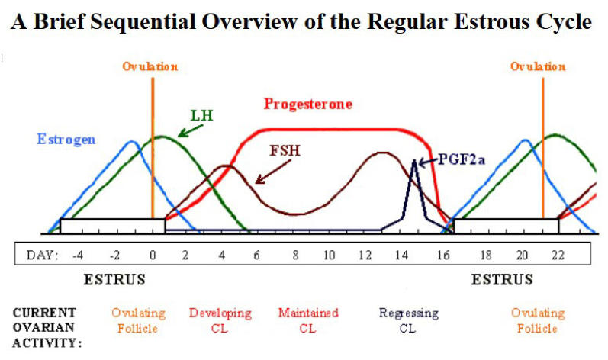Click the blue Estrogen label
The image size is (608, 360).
pos(66,140)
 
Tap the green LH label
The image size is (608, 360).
pos(202,115)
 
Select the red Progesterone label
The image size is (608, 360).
pos(308,104)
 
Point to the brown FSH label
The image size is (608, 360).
pos(285,150)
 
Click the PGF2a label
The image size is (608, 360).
pos(462,159)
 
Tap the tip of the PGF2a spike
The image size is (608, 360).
pos(414,159)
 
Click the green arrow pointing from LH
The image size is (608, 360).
pos(191,130)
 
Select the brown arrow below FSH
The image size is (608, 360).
pos(273,172)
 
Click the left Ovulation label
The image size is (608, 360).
pos(150,66)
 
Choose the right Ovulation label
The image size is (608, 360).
pos(538,66)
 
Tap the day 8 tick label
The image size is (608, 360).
pos(295,256)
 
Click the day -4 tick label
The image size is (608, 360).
pos(78,256)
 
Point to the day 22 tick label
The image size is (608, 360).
pos(558,256)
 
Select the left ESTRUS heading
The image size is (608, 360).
pos(114,279)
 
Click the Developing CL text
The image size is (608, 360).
pos(220,320)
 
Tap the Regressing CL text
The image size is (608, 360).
pos(409,320)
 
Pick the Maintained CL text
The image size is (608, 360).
pos(308,320)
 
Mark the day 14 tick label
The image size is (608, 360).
pos(402,256)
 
